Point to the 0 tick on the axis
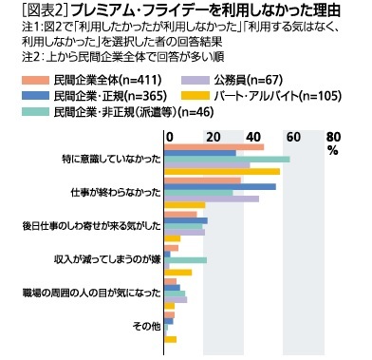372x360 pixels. [168, 137]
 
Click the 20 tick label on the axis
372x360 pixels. [208, 137]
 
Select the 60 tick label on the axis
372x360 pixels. [290, 137]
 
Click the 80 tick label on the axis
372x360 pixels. [332, 137]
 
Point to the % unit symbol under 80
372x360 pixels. [332, 150]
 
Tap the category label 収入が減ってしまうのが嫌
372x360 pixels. [108, 258]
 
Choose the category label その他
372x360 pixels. [144, 326]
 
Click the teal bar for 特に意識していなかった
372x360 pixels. [227, 159]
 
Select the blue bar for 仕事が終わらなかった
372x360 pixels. [219, 186]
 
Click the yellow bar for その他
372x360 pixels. [170, 339]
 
